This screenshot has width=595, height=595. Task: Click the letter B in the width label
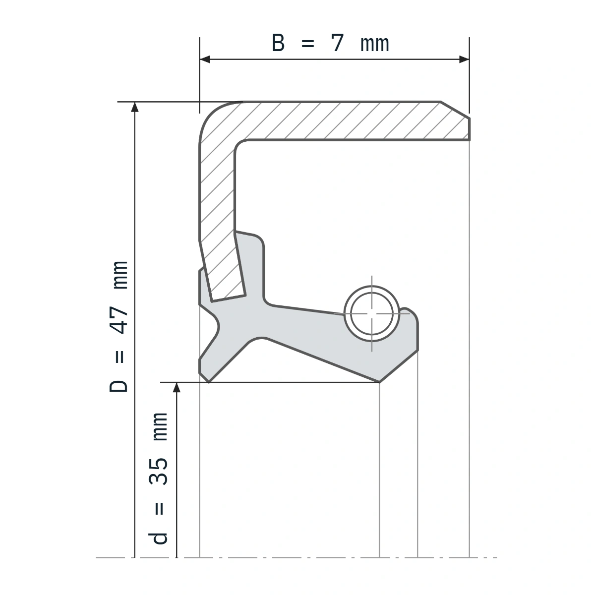click(x=278, y=43)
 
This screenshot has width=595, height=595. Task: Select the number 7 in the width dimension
click(x=337, y=43)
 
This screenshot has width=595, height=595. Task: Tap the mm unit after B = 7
click(x=374, y=45)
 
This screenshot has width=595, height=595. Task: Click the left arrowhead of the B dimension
click(x=205, y=59)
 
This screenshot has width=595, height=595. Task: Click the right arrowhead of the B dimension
click(x=464, y=59)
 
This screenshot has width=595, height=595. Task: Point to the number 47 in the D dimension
click(x=119, y=320)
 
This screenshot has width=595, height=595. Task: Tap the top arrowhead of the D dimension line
click(x=135, y=107)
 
